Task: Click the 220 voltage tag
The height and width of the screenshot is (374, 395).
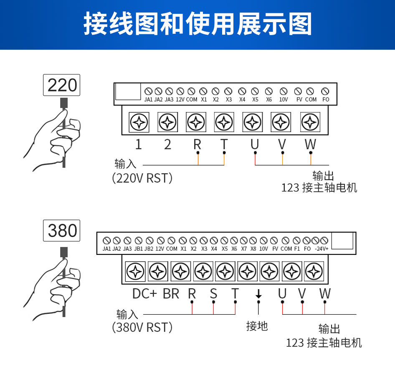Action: pos(62,85)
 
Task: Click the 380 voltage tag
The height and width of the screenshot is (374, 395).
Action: pos(62,231)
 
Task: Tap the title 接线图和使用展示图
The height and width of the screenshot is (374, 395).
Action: pos(197,24)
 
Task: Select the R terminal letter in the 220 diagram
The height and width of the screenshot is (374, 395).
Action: pos(197,145)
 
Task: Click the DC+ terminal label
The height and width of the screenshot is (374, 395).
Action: pos(144,293)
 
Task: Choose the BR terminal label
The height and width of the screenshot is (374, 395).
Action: pos(171,293)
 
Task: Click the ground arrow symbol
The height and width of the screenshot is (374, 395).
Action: pos(258,294)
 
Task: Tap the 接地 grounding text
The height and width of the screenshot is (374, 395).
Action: pos(257,326)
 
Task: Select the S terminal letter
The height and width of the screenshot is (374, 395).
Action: pos(213,293)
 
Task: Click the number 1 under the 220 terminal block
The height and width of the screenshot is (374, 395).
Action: pos(139,145)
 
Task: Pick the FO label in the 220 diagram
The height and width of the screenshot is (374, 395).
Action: pos(326,100)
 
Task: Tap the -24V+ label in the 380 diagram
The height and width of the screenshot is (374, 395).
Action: pos(322,249)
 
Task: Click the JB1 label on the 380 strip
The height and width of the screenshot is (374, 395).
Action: pos(138,249)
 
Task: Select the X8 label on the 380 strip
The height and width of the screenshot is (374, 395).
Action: pos(253,249)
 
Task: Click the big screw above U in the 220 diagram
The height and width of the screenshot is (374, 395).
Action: pos(253,122)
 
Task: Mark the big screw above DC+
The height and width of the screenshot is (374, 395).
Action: pos(136,272)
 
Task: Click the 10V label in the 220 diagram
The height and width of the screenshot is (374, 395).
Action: pos(284,100)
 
